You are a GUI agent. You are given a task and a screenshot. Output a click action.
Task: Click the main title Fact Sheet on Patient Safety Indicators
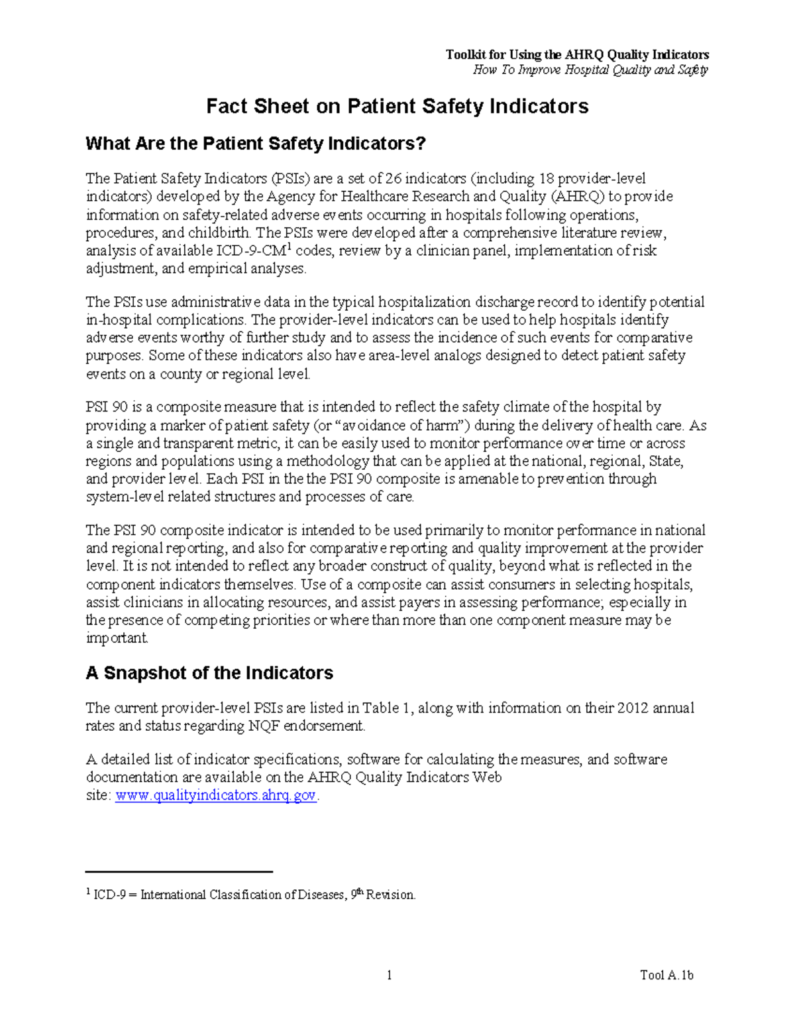(397, 107)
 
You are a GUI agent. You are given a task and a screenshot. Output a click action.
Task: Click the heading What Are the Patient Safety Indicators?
(256, 144)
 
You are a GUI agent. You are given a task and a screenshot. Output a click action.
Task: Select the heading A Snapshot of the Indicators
(209, 673)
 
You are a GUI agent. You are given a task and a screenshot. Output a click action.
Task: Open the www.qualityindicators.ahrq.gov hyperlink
(216, 796)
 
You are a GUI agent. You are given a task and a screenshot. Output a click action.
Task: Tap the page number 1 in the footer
(390, 975)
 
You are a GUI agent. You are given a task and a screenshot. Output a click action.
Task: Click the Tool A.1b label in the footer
(666, 975)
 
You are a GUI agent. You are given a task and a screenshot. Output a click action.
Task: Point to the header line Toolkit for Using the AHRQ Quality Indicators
(577, 55)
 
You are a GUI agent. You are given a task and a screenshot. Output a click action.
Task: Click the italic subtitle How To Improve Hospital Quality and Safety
(590, 70)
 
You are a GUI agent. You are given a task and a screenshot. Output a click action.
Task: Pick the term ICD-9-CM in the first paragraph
(255, 251)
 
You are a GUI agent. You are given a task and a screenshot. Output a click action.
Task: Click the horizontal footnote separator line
(180, 872)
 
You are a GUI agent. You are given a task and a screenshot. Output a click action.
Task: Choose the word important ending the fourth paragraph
(117, 639)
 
